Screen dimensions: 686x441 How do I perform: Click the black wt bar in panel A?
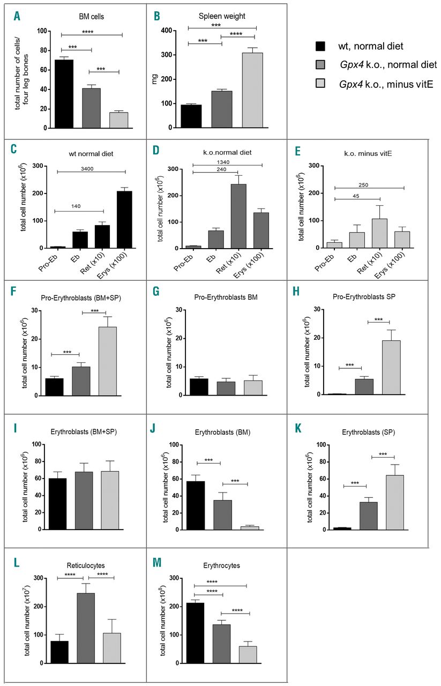tap(64, 94)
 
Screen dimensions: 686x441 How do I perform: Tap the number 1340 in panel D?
tap(227, 160)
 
